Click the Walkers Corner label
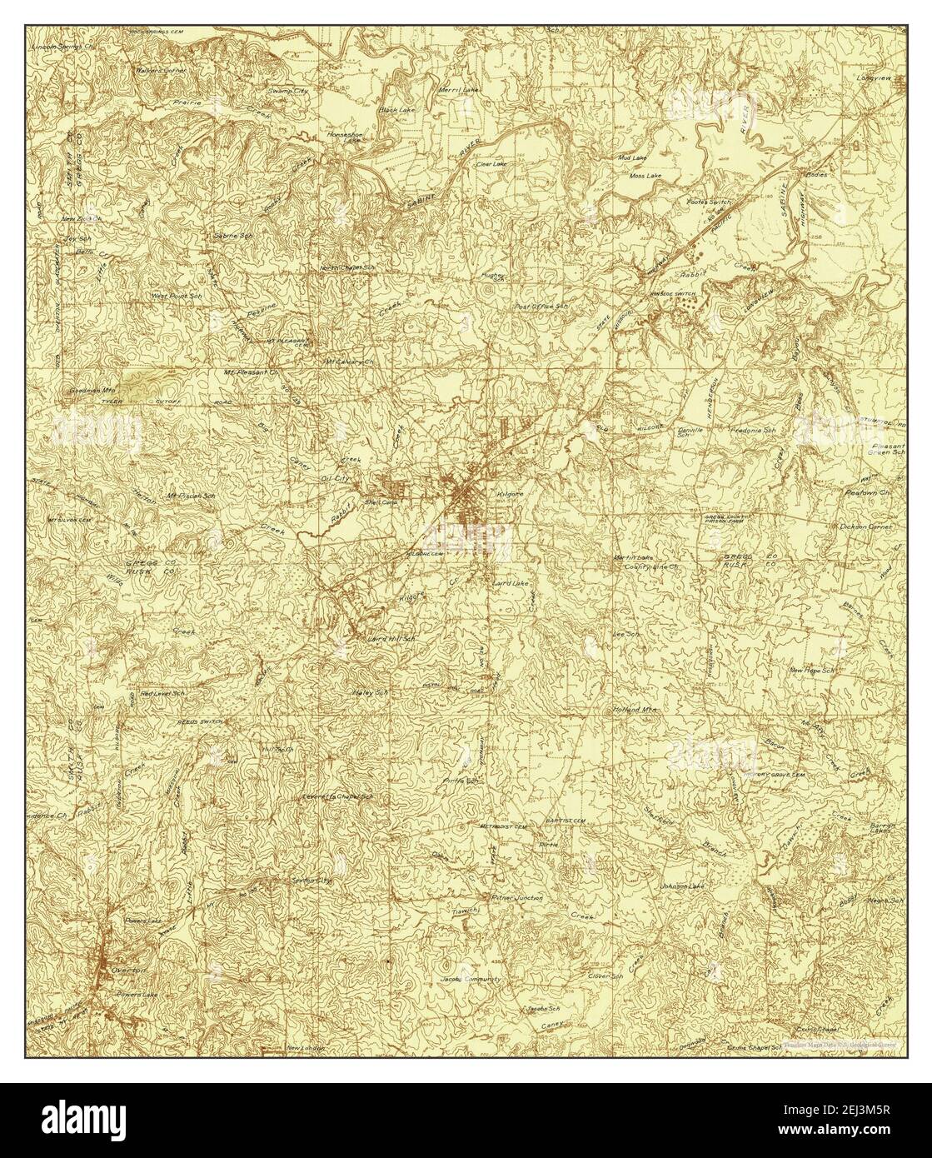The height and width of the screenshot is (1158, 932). click(162, 71)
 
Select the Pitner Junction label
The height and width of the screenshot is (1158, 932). click(516, 898)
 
